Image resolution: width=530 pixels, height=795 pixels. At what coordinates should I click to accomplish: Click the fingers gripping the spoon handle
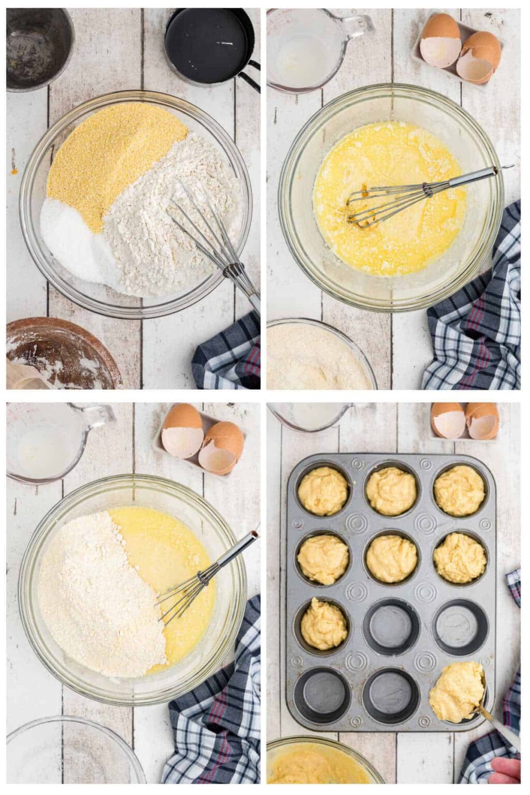(x=505, y=771)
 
